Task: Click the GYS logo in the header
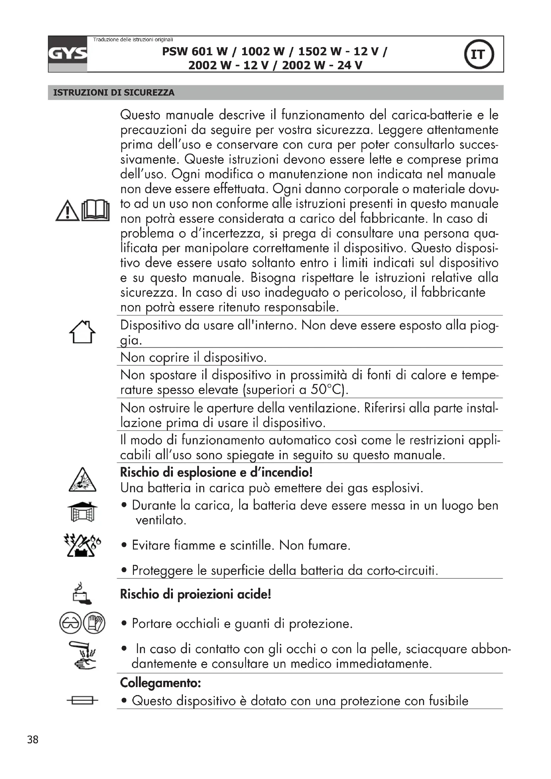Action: [68, 54]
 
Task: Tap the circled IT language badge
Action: [478, 54]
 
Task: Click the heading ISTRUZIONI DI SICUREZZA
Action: [114, 93]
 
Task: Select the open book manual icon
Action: [96, 211]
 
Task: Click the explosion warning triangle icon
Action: [82, 481]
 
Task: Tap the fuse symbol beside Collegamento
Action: [82, 700]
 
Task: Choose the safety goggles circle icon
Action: [70, 623]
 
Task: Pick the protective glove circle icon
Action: [94, 623]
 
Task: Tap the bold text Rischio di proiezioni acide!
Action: [196, 594]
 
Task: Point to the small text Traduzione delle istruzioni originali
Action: [133, 40]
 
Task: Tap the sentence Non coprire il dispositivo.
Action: [194, 357]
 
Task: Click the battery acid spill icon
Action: [82, 593]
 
